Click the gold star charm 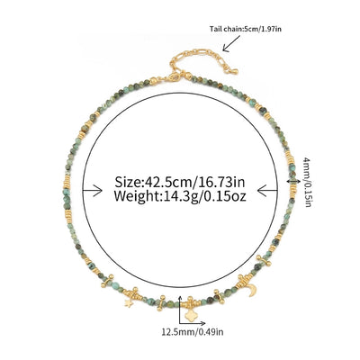(129, 303)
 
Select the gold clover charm (189, 315)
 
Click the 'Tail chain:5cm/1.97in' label (246, 29)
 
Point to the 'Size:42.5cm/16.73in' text (180, 182)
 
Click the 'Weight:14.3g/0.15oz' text (180, 196)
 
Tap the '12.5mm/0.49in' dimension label (193, 332)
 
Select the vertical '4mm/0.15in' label (307, 181)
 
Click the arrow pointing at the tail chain (231, 43)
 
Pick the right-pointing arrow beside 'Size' (93, 191)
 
